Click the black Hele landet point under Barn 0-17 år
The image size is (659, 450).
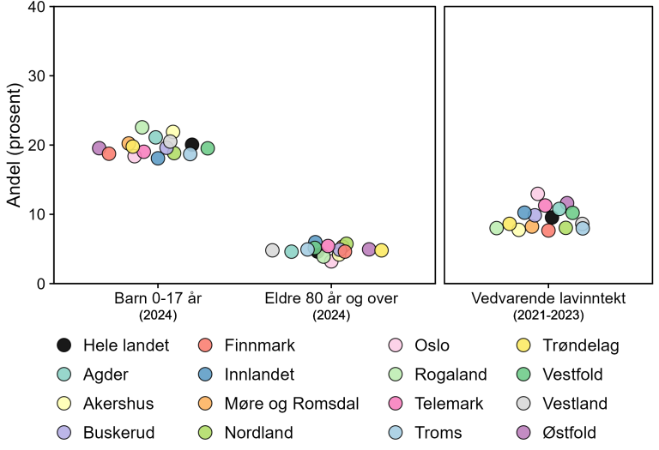192,145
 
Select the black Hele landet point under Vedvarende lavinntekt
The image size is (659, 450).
552,217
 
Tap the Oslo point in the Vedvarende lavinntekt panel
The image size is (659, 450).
538,194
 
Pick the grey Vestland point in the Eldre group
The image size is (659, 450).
272,250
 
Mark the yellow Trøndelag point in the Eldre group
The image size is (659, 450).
381,250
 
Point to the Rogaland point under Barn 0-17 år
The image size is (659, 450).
142,128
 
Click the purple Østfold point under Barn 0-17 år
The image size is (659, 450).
100,148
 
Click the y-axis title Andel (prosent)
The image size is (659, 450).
14,145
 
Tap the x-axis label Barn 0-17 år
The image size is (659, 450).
157,299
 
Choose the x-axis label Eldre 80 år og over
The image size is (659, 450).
326,299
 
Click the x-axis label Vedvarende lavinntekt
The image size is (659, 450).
548,299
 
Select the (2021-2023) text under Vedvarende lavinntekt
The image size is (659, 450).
548,315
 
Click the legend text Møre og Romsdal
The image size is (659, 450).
293,403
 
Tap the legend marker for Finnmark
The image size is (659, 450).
205,345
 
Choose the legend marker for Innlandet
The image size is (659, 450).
205,375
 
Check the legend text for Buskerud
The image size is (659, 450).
118,432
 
